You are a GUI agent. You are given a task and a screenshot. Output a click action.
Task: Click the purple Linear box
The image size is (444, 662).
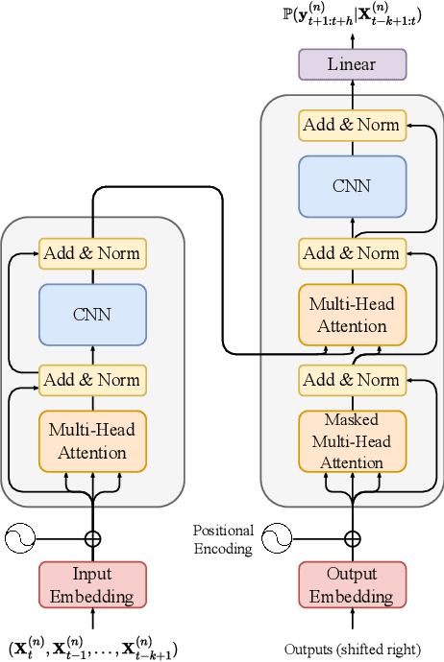[352, 64]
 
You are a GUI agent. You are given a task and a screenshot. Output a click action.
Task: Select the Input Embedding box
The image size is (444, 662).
[92, 585]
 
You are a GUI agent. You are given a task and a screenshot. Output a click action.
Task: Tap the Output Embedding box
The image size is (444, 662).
[353, 585]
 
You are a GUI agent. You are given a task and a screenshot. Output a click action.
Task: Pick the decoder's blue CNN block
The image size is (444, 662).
[353, 186]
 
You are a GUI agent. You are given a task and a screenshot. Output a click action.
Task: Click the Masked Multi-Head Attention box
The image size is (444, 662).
[353, 440]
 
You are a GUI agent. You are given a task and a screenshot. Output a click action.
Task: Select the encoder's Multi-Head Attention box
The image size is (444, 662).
[92, 440]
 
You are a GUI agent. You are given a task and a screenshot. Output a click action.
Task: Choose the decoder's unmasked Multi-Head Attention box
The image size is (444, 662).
[353, 315]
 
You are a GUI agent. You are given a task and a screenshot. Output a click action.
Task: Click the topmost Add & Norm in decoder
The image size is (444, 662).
[353, 124]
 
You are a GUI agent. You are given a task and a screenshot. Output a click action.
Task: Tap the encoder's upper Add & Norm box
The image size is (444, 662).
[92, 253]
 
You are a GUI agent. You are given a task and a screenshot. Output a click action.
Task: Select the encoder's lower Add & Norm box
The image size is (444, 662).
[92, 379]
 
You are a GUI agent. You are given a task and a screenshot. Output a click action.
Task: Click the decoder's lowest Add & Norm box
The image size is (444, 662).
[353, 379]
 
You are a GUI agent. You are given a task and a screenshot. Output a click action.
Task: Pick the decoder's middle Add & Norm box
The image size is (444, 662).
[353, 253]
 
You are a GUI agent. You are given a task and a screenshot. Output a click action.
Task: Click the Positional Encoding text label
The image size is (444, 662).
[223, 539]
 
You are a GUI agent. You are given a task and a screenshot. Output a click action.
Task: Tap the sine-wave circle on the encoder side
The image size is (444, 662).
[20, 539]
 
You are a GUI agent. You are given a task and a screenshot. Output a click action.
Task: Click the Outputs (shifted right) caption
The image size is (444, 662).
[352, 648]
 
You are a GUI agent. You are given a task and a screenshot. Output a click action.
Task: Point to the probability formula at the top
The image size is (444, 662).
[352, 15]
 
